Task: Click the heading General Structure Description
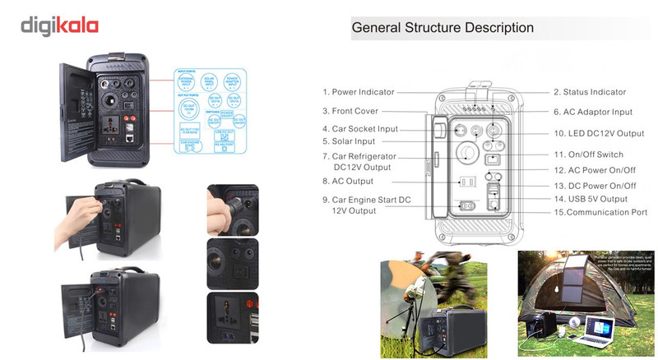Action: [443, 27]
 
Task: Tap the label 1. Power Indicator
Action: [358, 92]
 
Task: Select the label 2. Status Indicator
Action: [589, 92]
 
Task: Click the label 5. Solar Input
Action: [349, 141]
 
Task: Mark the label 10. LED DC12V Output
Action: [598, 133]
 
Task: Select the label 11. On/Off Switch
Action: [588, 155]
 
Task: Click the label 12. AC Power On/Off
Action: [594, 170]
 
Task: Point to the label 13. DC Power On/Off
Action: [594, 186]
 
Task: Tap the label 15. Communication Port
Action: [600, 212]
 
